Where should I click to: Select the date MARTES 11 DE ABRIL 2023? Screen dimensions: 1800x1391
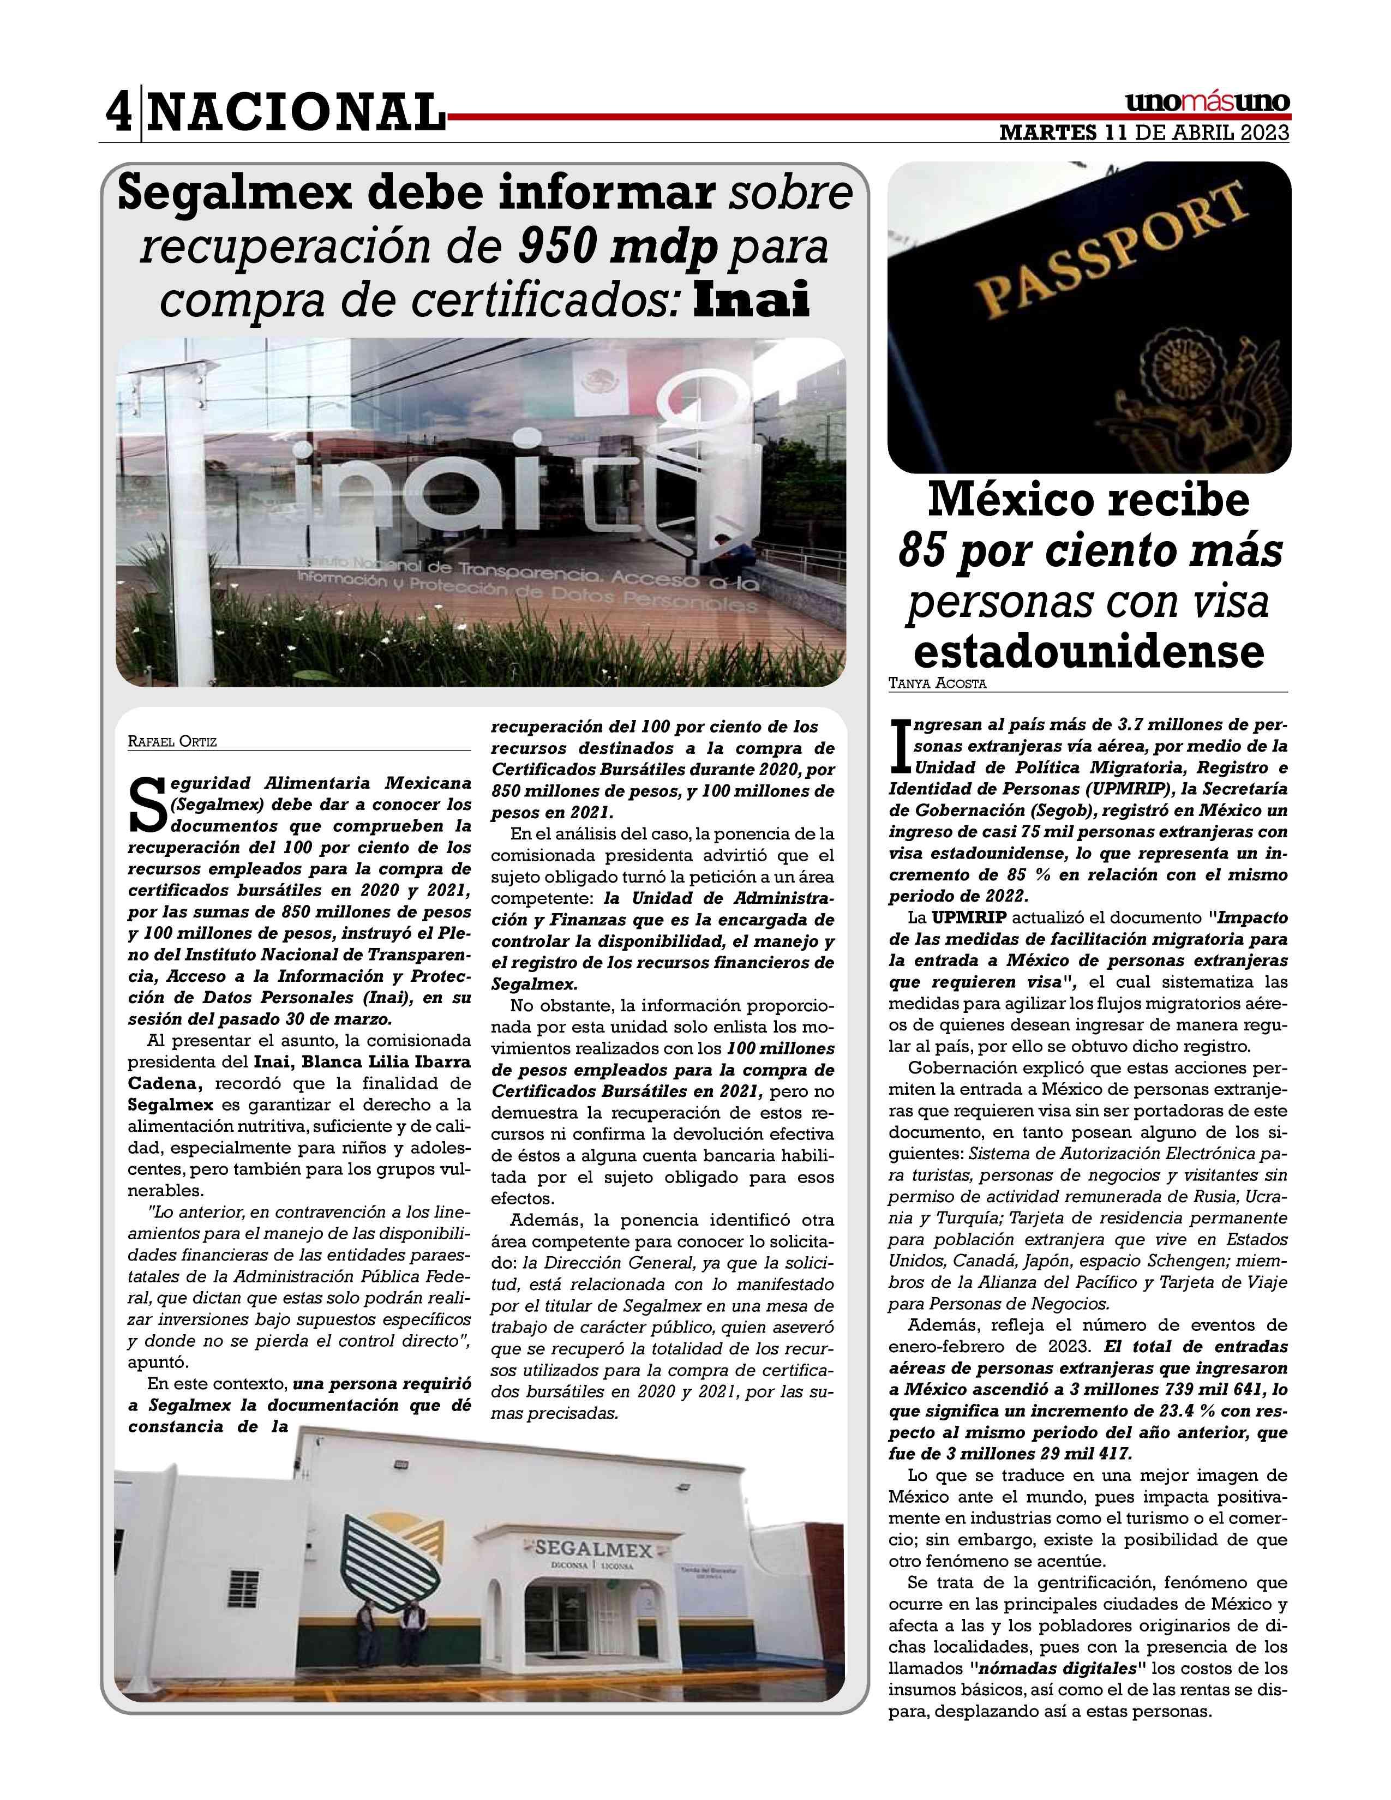[x=1144, y=132]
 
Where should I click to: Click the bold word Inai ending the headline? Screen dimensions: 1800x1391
[x=752, y=299]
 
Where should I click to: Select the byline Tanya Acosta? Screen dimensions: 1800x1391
[x=937, y=683]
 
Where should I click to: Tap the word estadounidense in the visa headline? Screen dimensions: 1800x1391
[x=1089, y=651]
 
